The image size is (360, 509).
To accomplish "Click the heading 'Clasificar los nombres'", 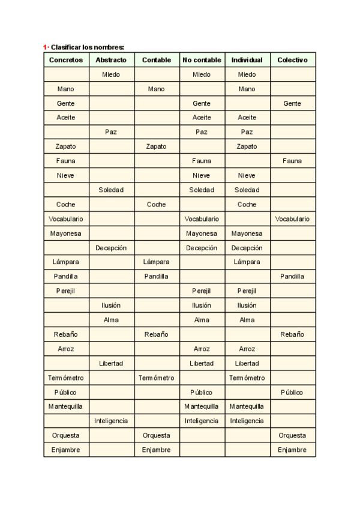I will (x=87, y=47).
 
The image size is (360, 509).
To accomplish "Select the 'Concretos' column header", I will (x=66, y=60).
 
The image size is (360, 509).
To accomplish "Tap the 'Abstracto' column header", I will (x=111, y=60).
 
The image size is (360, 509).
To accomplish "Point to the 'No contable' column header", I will (x=202, y=60).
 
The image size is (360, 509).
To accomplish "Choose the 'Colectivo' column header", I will (x=292, y=60).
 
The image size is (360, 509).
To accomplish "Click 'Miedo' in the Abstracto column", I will (x=111, y=74).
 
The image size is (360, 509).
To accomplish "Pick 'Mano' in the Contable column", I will (x=156, y=89).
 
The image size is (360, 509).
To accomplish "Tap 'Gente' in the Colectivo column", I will (x=292, y=103).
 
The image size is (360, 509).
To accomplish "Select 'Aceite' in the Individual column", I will (x=247, y=118).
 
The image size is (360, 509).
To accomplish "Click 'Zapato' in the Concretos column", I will (x=66, y=146).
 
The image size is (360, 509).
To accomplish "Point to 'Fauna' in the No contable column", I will (x=202, y=161).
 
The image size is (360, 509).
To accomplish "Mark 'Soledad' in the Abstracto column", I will (x=111, y=190).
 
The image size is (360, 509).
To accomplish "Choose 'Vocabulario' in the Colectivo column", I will (x=292, y=219).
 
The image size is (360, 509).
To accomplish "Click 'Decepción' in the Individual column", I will (x=247, y=248).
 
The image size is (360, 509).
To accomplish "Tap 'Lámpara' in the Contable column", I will (x=156, y=262).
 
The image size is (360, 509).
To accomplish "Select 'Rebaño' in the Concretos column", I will (x=66, y=334).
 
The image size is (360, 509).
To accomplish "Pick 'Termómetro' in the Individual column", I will (x=247, y=378).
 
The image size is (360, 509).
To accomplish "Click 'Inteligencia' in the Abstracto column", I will (x=111, y=421).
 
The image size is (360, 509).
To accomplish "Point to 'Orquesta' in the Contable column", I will (x=156, y=435).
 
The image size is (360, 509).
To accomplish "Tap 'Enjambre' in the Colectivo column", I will (x=292, y=450).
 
